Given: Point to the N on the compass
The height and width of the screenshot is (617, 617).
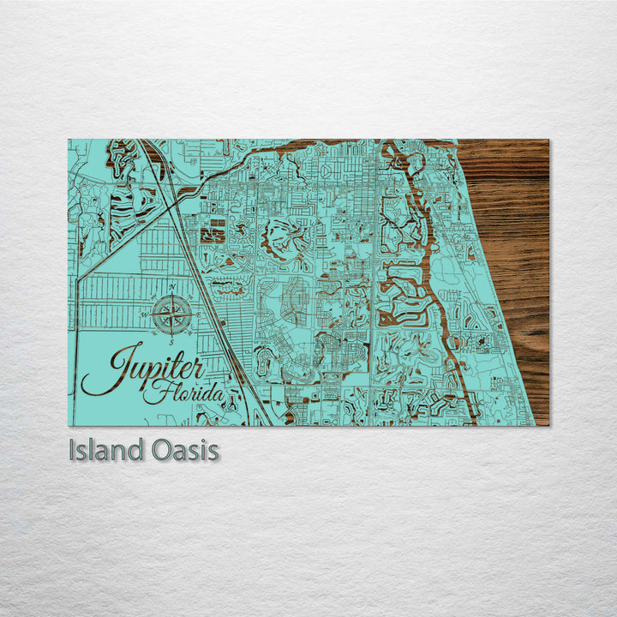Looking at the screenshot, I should coord(173,286).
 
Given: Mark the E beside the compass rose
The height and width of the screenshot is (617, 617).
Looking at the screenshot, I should coord(200,314).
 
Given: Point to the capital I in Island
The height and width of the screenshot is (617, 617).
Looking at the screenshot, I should coord(72,451).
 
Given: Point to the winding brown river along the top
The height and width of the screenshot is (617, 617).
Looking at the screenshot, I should coord(283,152).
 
